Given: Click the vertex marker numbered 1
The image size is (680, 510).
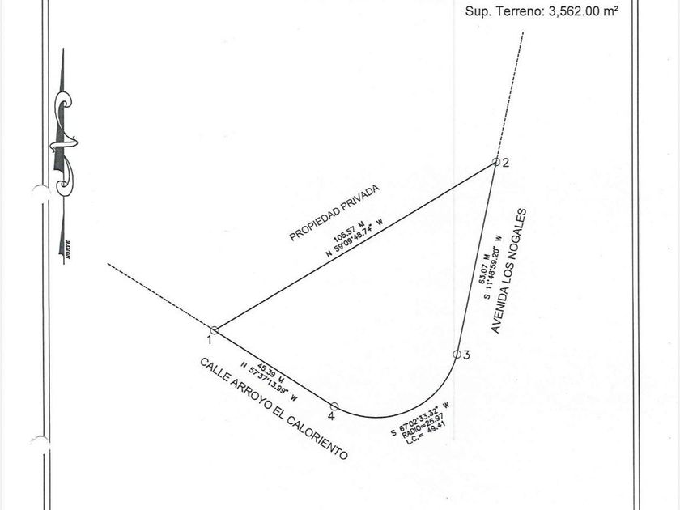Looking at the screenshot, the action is coord(214,329).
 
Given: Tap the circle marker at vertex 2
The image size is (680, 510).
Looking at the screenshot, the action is coord(496,162).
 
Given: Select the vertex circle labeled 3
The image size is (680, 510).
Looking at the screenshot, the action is coord(457,354).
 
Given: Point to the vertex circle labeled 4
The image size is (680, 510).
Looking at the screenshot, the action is coord(334,406).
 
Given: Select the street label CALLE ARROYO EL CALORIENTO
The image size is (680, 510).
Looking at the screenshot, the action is coord(274,409).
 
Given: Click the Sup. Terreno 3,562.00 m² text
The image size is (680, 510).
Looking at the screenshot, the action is coord(546,11).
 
